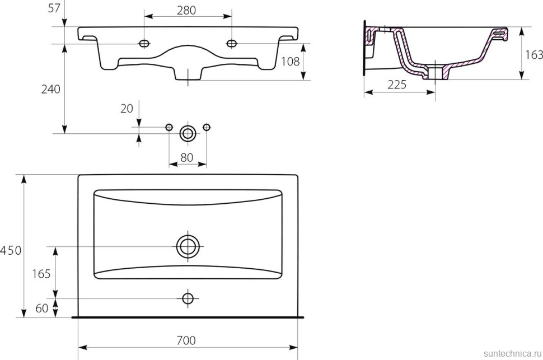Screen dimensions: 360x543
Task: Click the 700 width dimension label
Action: click(x=187, y=340)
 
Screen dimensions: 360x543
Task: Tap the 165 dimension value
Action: click(x=41, y=274)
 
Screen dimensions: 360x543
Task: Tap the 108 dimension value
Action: click(x=291, y=61)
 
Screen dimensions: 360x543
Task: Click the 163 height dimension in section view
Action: click(x=534, y=54)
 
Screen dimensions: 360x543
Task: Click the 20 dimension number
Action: click(x=127, y=108)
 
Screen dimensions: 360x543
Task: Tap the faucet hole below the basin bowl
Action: click(x=188, y=298)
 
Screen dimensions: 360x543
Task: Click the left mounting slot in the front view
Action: click(x=144, y=43)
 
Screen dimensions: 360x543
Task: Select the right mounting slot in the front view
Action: click(x=232, y=43)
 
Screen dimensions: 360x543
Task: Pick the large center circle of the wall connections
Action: click(x=188, y=133)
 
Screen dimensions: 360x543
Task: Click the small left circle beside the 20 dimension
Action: click(x=169, y=128)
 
